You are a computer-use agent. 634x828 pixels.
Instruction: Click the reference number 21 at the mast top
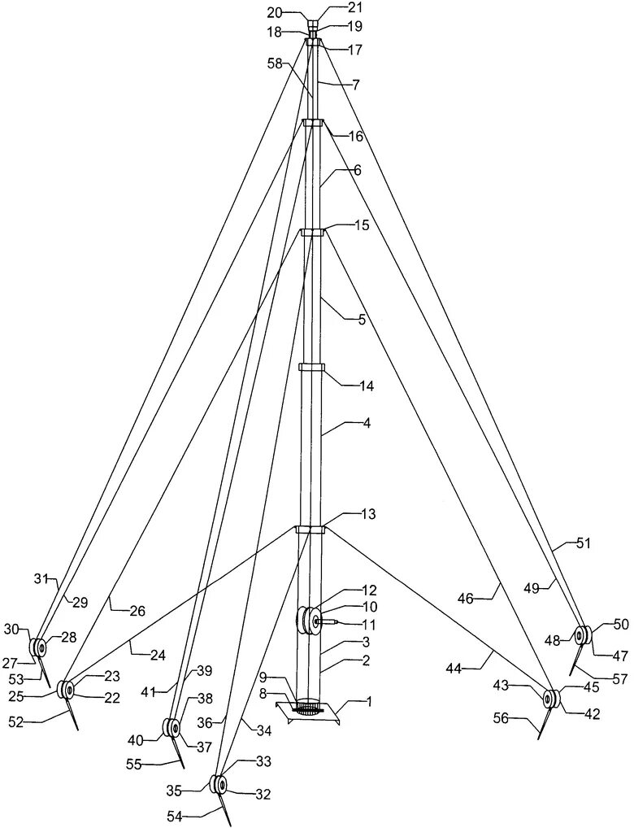pyautogui.click(x=333, y=8)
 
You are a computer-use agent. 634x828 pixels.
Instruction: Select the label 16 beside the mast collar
pyautogui.click(x=356, y=137)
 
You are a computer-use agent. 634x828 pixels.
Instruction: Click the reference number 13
pyautogui.click(x=368, y=515)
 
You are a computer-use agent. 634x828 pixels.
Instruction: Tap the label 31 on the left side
pyautogui.click(x=42, y=579)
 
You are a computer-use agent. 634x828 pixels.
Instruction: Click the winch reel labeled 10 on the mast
pyautogui.click(x=309, y=621)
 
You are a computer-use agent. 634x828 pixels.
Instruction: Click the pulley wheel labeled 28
pyautogui.click(x=38, y=648)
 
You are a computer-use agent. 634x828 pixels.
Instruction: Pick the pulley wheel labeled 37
pyautogui.click(x=173, y=727)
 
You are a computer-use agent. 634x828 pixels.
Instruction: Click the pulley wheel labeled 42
pyautogui.click(x=552, y=698)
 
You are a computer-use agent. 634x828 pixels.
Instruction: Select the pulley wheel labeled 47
pyautogui.click(x=582, y=636)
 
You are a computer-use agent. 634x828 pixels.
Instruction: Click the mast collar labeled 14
pyautogui.click(x=312, y=369)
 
